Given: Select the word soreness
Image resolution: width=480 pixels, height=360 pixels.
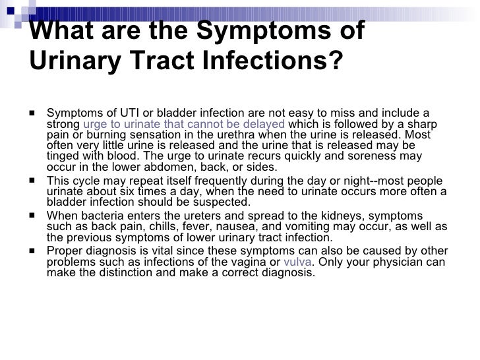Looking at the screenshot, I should point(378,156).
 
